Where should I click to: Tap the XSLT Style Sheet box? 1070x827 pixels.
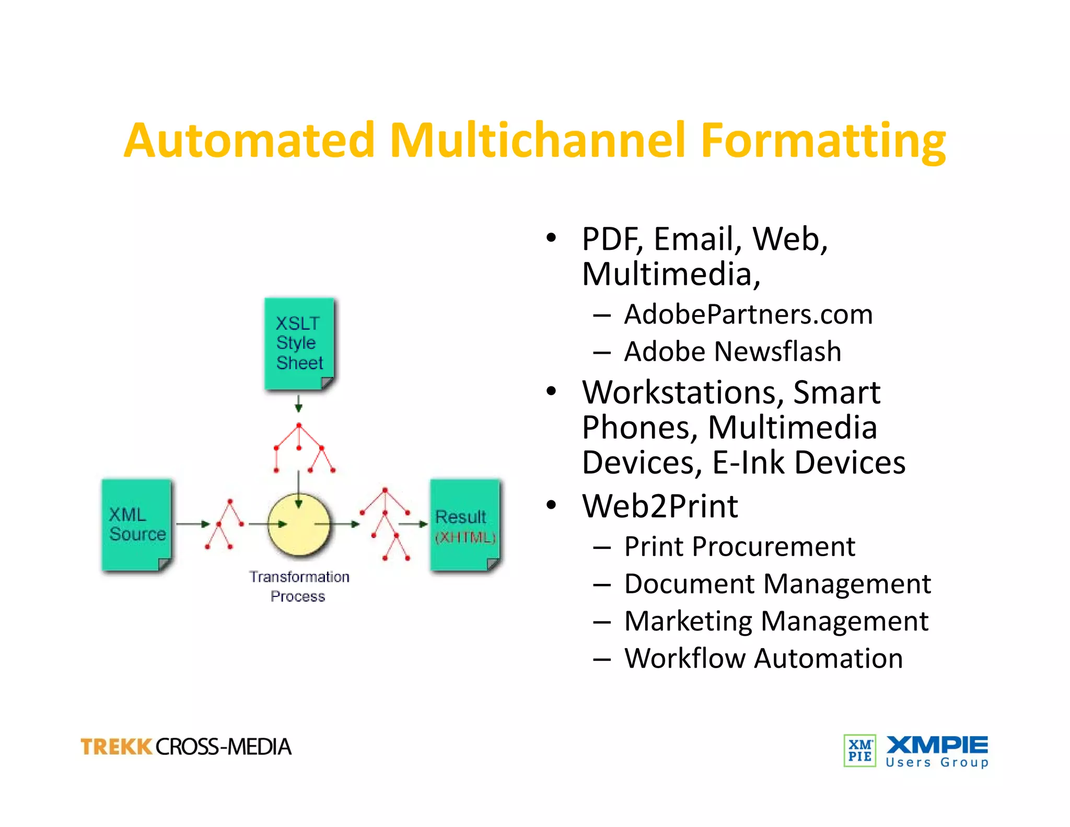[x=299, y=343]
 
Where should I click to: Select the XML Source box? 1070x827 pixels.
[x=136, y=524]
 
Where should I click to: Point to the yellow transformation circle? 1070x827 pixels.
[x=298, y=524]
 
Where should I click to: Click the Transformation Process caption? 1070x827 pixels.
[x=299, y=586]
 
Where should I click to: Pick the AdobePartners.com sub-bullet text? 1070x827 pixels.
[x=748, y=314]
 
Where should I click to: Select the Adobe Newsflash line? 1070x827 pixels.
[x=732, y=351]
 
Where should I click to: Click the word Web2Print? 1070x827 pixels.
[x=660, y=506]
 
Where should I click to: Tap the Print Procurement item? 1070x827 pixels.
[x=739, y=547]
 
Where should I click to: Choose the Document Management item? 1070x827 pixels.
[x=777, y=584]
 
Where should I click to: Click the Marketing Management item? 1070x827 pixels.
[x=776, y=621]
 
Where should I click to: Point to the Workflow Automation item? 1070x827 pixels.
[x=763, y=658]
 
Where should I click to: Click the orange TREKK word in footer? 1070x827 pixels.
[x=116, y=746]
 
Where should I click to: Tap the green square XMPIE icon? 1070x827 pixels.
[x=859, y=751]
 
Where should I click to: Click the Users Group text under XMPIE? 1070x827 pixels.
[x=937, y=763]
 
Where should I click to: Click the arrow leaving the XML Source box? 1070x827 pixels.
[x=192, y=523]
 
